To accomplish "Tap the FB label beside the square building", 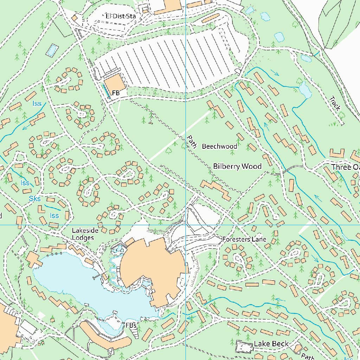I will click(116, 93).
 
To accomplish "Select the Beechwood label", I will click(219, 146).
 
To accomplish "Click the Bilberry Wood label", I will click(237, 166).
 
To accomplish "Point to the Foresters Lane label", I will click(244, 239).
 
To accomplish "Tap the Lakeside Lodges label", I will click(83, 234).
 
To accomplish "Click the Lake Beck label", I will click(271, 344).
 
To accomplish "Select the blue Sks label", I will click(35, 199).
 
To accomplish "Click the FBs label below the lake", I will click(131, 326).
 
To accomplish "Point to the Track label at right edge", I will click(335, 103).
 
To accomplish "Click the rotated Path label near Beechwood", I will click(192, 142).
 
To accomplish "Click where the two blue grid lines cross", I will click(185, 225).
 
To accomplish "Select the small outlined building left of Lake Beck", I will click(244, 347).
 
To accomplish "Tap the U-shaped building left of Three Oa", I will click(337, 153).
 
